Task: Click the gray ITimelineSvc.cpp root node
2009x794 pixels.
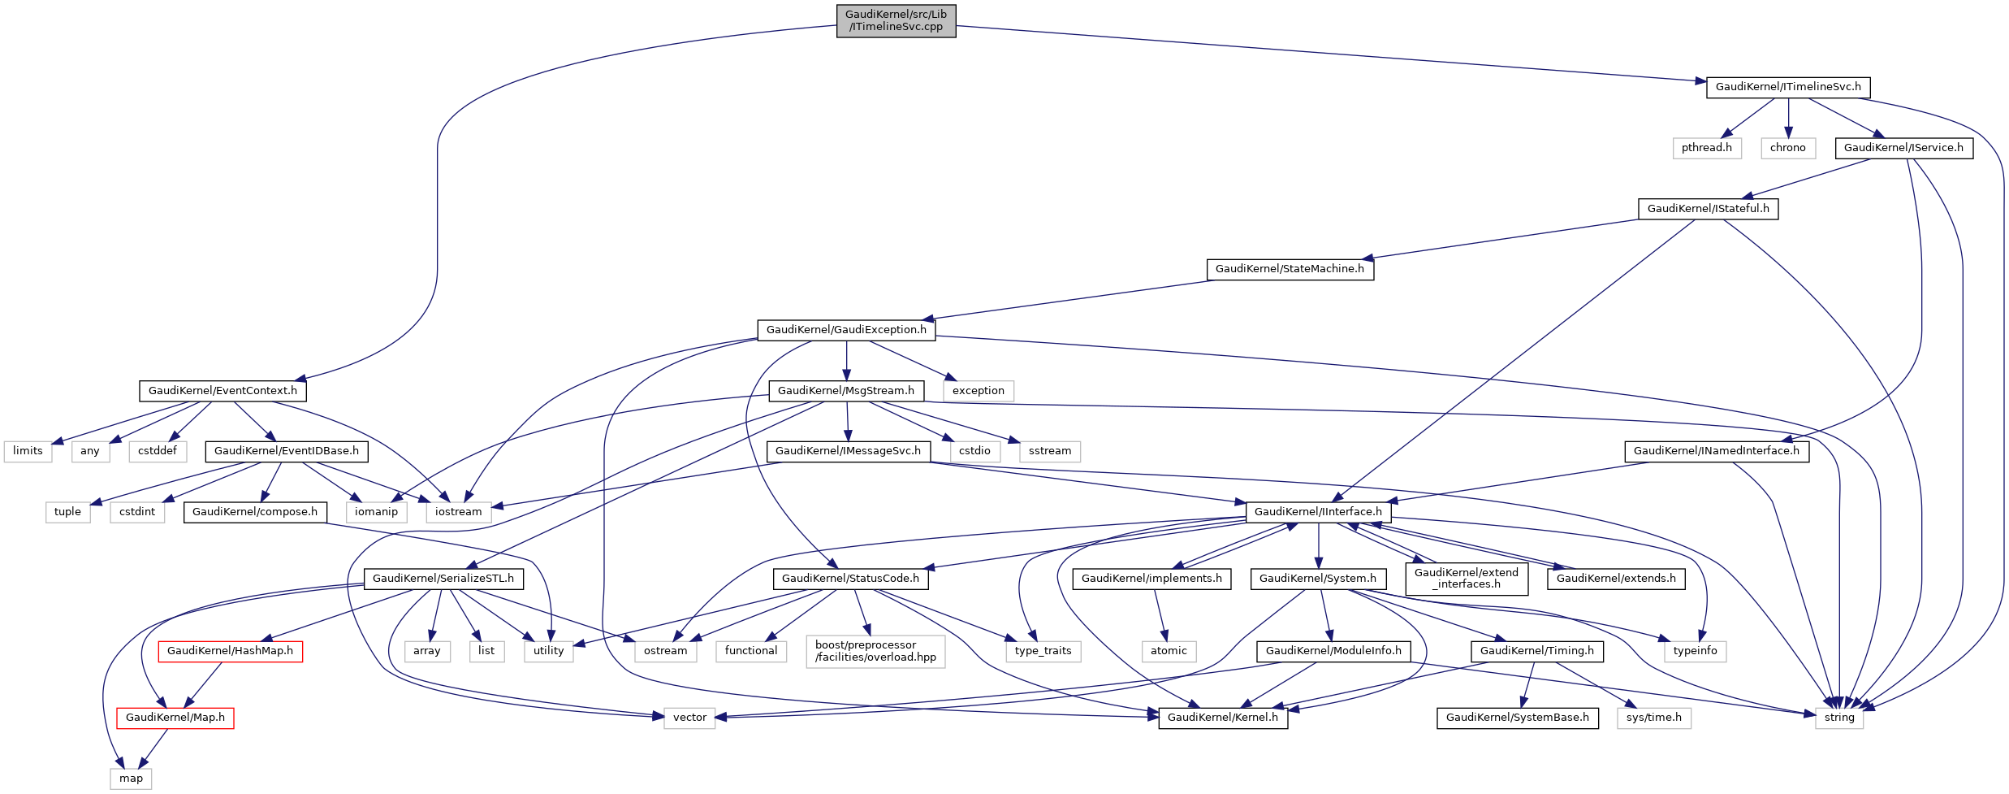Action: point(896,20)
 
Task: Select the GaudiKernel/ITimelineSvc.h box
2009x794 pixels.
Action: point(1787,87)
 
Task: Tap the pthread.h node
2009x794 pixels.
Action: point(1706,148)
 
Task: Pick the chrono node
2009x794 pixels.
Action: point(1787,148)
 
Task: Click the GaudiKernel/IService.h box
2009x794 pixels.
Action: point(1903,148)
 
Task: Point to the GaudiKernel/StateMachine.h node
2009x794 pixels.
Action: point(1290,269)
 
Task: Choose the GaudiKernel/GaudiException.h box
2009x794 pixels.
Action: point(845,330)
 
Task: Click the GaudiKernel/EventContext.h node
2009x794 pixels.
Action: point(223,391)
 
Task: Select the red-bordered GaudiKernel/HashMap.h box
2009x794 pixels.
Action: point(230,651)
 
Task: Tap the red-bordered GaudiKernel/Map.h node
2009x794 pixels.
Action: point(175,718)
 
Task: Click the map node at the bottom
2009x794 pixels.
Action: point(131,779)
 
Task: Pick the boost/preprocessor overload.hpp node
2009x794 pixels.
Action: point(875,651)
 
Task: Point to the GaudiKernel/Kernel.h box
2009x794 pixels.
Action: point(1222,718)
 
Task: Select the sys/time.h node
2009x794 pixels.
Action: point(1653,718)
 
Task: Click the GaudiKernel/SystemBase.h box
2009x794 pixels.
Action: point(1517,718)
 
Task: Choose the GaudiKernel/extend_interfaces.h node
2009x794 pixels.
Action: point(1466,579)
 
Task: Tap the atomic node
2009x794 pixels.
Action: point(1168,651)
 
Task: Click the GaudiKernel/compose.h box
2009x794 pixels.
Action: point(255,512)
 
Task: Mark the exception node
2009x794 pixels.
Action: point(978,391)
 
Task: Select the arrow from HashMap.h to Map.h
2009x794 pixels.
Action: point(205,683)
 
